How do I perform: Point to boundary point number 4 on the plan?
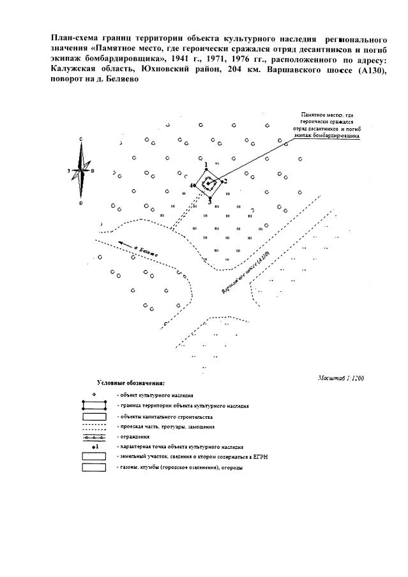(195, 186)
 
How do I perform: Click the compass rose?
(81, 171)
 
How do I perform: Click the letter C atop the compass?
(81, 139)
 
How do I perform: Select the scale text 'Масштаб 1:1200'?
(340, 377)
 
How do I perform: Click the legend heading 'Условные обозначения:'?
(130, 383)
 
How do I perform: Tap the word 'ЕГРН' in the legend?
(238, 457)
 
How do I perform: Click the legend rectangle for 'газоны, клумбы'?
(94, 468)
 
